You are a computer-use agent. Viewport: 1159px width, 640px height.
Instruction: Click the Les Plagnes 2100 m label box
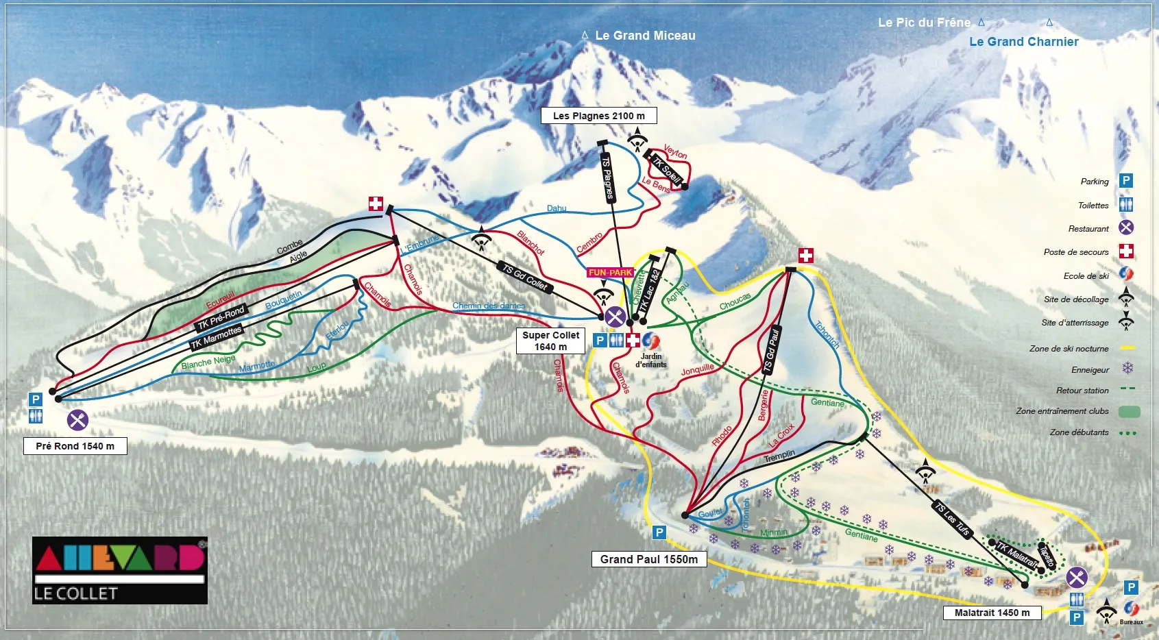click(598, 116)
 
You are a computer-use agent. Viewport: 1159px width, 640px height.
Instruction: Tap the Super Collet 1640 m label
click(550, 341)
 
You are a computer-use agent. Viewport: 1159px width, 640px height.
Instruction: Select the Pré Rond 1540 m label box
click(75, 446)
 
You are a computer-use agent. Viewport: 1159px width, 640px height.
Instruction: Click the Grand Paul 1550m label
click(648, 559)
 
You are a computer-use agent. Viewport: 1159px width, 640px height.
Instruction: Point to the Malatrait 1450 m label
click(992, 613)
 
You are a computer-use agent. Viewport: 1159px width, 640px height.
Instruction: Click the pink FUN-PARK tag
click(610, 273)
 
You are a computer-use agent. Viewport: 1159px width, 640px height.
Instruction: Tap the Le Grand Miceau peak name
click(645, 36)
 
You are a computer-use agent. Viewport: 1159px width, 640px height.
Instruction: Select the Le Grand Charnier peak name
click(1023, 42)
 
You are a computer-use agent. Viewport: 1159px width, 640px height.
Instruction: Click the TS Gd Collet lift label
click(525, 277)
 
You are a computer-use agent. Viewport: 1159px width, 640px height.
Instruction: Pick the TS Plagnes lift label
click(607, 177)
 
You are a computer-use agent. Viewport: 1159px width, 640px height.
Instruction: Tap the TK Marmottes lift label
click(216, 337)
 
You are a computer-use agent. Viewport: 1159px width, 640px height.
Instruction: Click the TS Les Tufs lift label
click(952, 519)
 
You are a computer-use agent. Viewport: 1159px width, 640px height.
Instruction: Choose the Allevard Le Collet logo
click(119, 570)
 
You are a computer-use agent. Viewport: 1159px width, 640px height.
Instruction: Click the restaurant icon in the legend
click(1125, 227)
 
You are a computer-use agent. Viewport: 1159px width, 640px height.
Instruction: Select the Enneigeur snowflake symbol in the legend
click(1127, 369)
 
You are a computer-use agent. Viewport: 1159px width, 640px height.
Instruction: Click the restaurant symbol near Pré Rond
click(77, 419)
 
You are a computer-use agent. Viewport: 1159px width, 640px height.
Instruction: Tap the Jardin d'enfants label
click(651, 360)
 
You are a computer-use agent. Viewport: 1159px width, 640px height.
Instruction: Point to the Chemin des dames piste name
click(488, 306)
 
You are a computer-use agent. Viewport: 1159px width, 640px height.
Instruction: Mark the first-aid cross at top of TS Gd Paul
click(806, 256)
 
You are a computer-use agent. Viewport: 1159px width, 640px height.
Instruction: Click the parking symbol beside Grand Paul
click(659, 532)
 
